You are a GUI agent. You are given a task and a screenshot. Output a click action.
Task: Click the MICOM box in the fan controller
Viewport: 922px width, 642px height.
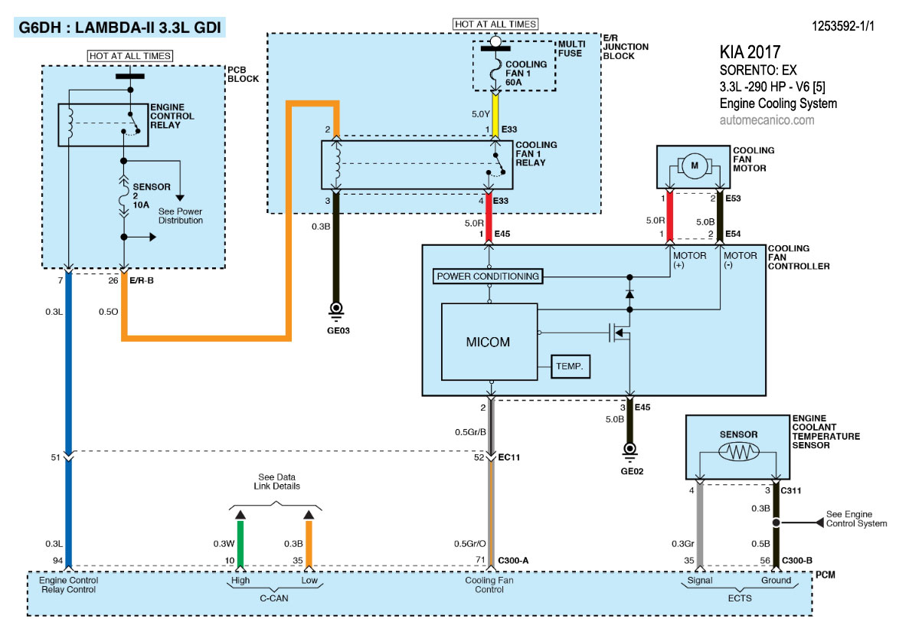tap(489, 341)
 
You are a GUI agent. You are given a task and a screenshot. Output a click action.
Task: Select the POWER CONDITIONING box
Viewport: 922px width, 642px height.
tap(489, 276)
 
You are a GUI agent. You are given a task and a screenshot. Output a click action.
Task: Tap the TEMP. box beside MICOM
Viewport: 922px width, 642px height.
tap(571, 367)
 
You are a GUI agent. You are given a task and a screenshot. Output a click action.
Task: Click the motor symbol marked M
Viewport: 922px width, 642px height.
tap(695, 165)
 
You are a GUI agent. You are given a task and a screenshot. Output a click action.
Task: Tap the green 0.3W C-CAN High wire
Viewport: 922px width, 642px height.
tap(240, 544)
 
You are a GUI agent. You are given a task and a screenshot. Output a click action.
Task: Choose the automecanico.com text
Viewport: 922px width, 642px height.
tap(767, 120)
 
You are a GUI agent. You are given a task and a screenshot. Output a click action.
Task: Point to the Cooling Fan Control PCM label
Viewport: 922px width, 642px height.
tap(489, 585)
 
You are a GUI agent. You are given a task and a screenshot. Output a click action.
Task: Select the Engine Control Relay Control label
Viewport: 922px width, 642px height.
tap(68, 585)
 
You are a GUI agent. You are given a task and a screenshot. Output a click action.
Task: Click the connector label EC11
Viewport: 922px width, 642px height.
tap(509, 457)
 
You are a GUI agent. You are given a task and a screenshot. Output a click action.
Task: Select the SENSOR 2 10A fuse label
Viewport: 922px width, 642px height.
tap(146, 196)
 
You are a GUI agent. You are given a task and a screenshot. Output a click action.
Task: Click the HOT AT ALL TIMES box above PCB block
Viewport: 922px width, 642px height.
tap(130, 55)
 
